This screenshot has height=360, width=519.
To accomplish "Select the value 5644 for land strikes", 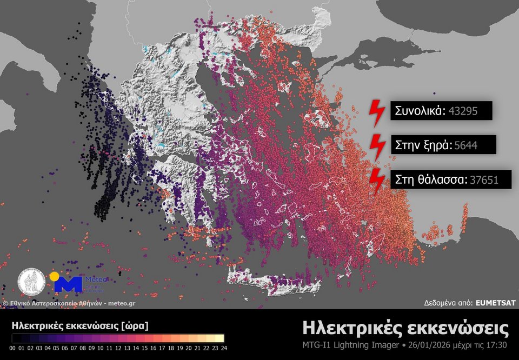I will click(465, 145).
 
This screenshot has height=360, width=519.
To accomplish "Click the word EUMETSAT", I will click(495, 303).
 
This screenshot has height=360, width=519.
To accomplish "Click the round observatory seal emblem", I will click(31, 282).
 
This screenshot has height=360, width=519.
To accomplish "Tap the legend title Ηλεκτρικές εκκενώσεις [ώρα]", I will click(79, 326).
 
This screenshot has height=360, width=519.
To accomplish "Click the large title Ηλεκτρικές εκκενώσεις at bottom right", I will click(405, 328).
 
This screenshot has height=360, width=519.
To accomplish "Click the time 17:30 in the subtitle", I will click(497, 345).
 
